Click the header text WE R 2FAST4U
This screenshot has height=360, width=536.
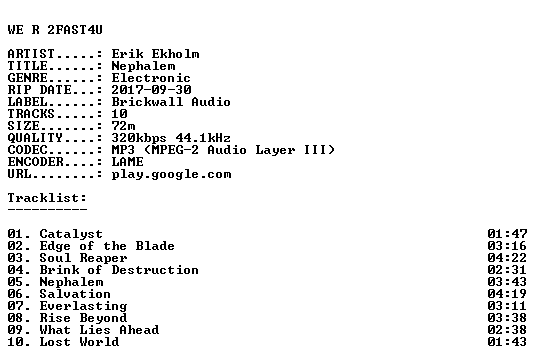(55, 30)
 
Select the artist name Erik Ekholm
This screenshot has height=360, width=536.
(155, 54)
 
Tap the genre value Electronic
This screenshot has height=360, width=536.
(151, 78)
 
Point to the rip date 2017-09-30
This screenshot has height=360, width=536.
(151, 90)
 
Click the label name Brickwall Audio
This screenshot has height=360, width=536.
(171, 102)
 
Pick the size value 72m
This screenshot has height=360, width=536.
(123, 126)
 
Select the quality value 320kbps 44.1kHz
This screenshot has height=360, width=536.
(171, 138)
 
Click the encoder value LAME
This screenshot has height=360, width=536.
(127, 162)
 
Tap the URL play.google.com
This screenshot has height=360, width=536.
(171, 174)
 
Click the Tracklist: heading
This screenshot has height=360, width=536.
(47, 198)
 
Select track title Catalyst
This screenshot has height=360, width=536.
(71, 234)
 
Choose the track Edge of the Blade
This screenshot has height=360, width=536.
(107, 246)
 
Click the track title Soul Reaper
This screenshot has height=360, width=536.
(83, 258)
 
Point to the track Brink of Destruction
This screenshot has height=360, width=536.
(119, 270)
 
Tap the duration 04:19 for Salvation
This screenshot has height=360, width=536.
(507, 294)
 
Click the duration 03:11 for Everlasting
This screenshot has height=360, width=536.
(507, 306)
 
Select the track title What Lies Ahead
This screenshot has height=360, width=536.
(99, 330)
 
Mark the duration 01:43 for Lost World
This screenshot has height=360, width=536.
(507, 342)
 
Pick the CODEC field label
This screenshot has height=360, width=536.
(27, 150)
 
